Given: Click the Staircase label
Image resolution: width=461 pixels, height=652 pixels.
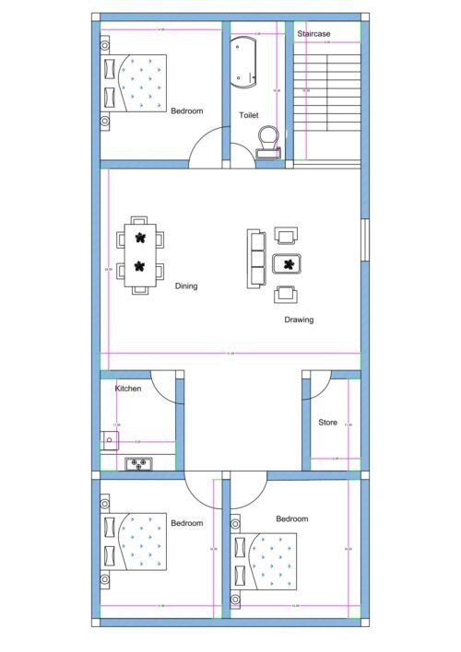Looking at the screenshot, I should pyautogui.click(x=314, y=34).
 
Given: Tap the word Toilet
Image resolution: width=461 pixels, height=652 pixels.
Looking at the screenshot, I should pyautogui.click(x=249, y=115).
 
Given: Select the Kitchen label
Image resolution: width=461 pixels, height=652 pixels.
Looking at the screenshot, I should pyautogui.click(x=128, y=390).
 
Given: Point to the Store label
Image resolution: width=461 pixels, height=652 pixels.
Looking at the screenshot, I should pyautogui.click(x=327, y=423).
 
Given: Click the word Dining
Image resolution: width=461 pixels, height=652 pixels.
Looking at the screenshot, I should pyautogui.click(x=186, y=286).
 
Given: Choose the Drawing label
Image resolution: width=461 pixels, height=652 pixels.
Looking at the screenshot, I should pyautogui.click(x=298, y=320).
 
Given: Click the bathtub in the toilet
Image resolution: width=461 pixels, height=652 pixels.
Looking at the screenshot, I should pyautogui.click(x=246, y=63).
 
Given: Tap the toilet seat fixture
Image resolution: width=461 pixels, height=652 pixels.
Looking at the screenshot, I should pyautogui.click(x=267, y=140).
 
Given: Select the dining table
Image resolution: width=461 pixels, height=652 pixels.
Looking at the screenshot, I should pyautogui.click(x=140, y=253).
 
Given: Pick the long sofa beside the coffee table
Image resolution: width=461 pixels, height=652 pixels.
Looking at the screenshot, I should pyautogui.click(x=256, y=259).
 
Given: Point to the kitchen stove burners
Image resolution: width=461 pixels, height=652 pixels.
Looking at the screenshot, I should pyautogui.click(x=141, y=463).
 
